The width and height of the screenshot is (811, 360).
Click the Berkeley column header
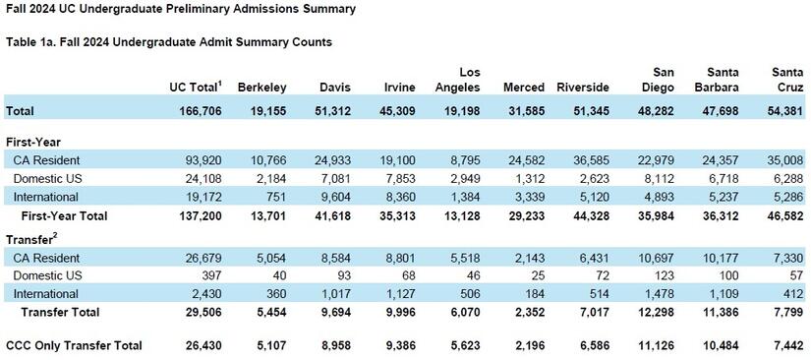(261, 88)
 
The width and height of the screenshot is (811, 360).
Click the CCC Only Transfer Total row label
(74, 345)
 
